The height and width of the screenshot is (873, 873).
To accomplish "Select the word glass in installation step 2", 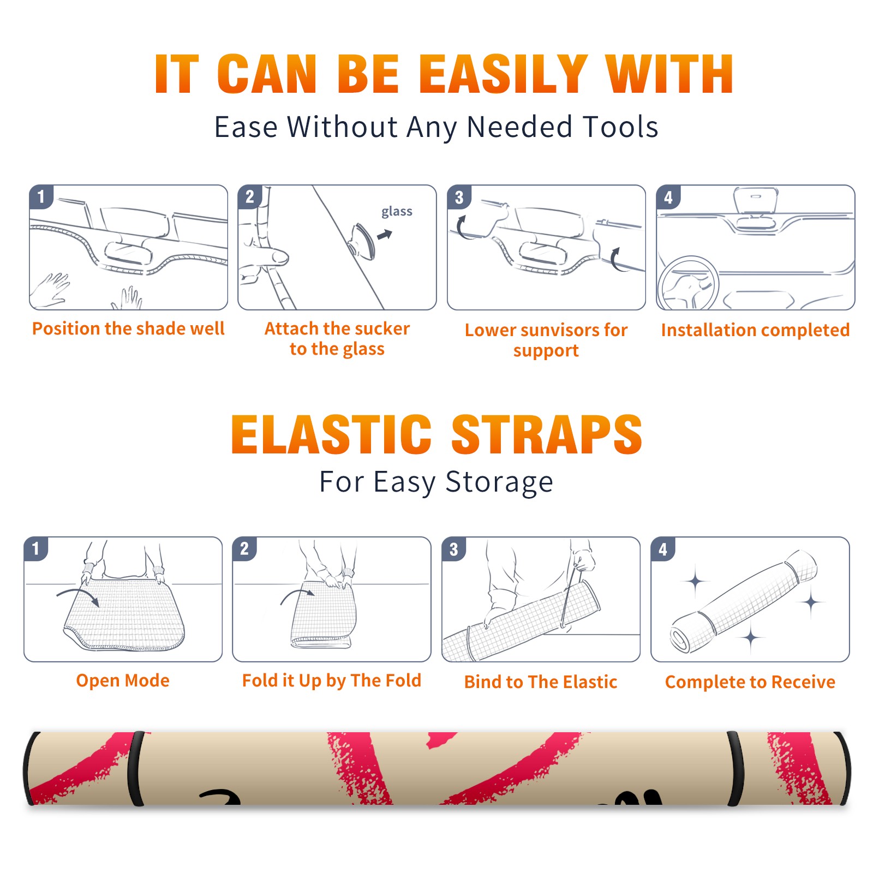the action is [397, 212].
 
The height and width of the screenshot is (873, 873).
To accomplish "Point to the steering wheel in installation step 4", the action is [688, 283].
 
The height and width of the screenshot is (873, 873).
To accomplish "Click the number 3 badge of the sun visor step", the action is [459, 197].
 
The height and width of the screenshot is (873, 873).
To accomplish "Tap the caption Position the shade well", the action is [128, 328].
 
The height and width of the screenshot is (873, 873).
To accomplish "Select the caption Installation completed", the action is [755, 330].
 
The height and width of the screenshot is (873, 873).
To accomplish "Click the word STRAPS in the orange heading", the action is [547, 434].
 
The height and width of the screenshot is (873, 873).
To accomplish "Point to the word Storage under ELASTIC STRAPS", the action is [499, 483].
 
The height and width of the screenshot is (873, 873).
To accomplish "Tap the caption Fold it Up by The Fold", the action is [331, 680].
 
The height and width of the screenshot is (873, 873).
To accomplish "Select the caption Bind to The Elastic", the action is [540, 681].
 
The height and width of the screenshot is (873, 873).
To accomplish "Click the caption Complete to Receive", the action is [750, 681].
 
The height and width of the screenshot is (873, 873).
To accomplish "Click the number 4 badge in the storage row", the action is [663, 549].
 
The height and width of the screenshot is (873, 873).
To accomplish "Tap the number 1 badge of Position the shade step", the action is [41, 196].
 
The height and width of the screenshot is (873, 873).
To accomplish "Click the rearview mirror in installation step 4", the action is [756, 201].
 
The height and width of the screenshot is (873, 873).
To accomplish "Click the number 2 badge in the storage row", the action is [244, 549].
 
